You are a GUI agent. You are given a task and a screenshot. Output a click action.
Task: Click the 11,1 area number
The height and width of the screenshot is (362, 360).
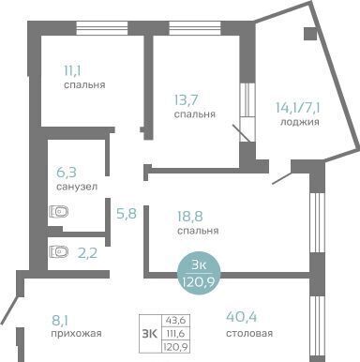click(x=72, y=71)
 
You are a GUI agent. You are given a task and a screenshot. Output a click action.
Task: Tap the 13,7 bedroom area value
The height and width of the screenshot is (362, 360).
click(x=187, y=100)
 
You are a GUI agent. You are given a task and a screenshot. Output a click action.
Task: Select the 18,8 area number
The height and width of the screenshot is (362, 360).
click(x=190, y=217)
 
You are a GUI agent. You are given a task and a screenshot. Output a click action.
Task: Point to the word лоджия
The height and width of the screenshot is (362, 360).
click(x=300, y=122)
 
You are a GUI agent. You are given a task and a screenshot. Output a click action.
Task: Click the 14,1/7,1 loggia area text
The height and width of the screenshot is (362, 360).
click(x=297, y=108)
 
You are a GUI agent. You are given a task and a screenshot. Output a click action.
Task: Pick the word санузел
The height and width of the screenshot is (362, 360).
click(x=77, y=187)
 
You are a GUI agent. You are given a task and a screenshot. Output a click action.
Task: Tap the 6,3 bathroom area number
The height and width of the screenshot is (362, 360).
click(x=67, y=172)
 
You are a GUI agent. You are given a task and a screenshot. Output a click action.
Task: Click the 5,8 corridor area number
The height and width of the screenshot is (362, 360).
click(x=127, y=214)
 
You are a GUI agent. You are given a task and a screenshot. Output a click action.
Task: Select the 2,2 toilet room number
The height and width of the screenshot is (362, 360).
click(x=87, y=253)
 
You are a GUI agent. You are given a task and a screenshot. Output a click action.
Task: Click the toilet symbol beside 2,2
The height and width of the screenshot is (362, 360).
click(x=59, y=251)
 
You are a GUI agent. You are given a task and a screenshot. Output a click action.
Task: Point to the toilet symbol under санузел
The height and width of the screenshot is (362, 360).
click(x=59, y=212)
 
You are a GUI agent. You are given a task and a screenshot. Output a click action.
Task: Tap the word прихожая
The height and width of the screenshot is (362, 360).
click(x=76, y=334)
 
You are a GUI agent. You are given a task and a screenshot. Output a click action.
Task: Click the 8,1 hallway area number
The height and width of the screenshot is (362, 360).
click(x=60, y=321)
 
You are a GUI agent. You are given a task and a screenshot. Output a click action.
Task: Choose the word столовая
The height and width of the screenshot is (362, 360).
click(x=249, y=333)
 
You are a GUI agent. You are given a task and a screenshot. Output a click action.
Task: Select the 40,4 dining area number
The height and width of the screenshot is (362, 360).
click(x=242, y=317)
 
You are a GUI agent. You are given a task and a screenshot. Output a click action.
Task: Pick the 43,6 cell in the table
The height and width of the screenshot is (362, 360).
click(x=176, y=321)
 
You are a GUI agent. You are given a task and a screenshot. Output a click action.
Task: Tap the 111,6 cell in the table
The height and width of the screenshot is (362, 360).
click(x=176, y=333)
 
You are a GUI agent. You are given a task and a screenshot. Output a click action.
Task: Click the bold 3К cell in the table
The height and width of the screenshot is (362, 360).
click(x=150, y=334)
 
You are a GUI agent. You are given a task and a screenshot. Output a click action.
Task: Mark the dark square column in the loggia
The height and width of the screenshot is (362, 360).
click(x=310, y=34)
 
